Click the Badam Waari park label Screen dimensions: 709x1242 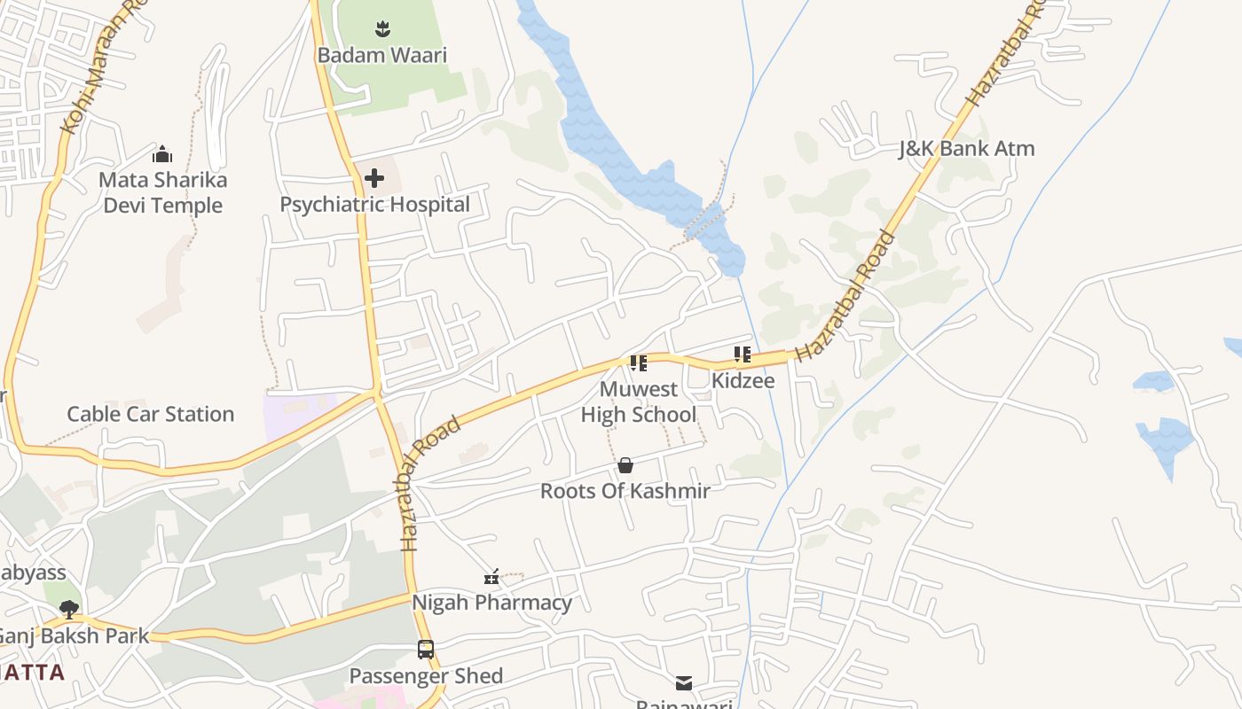click(x=381, y=55)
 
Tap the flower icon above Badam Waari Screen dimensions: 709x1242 click(x=381, y=29)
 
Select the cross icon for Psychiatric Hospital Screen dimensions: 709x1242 click(x=374, y=178)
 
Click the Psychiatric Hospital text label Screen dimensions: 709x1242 click(x=374, y=205)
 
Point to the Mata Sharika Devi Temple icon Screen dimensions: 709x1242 click(x=161, y=155)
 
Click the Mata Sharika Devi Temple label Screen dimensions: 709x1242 click(x=162, y=192)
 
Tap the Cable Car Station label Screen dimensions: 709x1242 click(x=151, y=414)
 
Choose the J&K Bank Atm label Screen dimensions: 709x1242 click(x=966, y=149)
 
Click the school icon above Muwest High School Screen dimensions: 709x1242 click(x=638, y=362)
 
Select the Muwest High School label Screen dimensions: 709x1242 click(x=638, y=401)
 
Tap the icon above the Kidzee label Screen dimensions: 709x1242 click(x=743, y=355)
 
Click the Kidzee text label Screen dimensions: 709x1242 click(x=743, y=381)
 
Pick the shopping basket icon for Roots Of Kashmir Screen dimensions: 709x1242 click(x=625, y=465)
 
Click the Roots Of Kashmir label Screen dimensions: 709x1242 click(x=625, y=491)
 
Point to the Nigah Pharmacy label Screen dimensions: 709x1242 click(x=491, y=603)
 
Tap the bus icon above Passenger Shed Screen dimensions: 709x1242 click(x=426, y=650)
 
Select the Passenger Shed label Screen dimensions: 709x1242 click(x=426, y=676)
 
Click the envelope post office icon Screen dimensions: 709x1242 click(x=684, y=683)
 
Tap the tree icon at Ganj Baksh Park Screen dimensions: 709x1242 click(x=69, y=610)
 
